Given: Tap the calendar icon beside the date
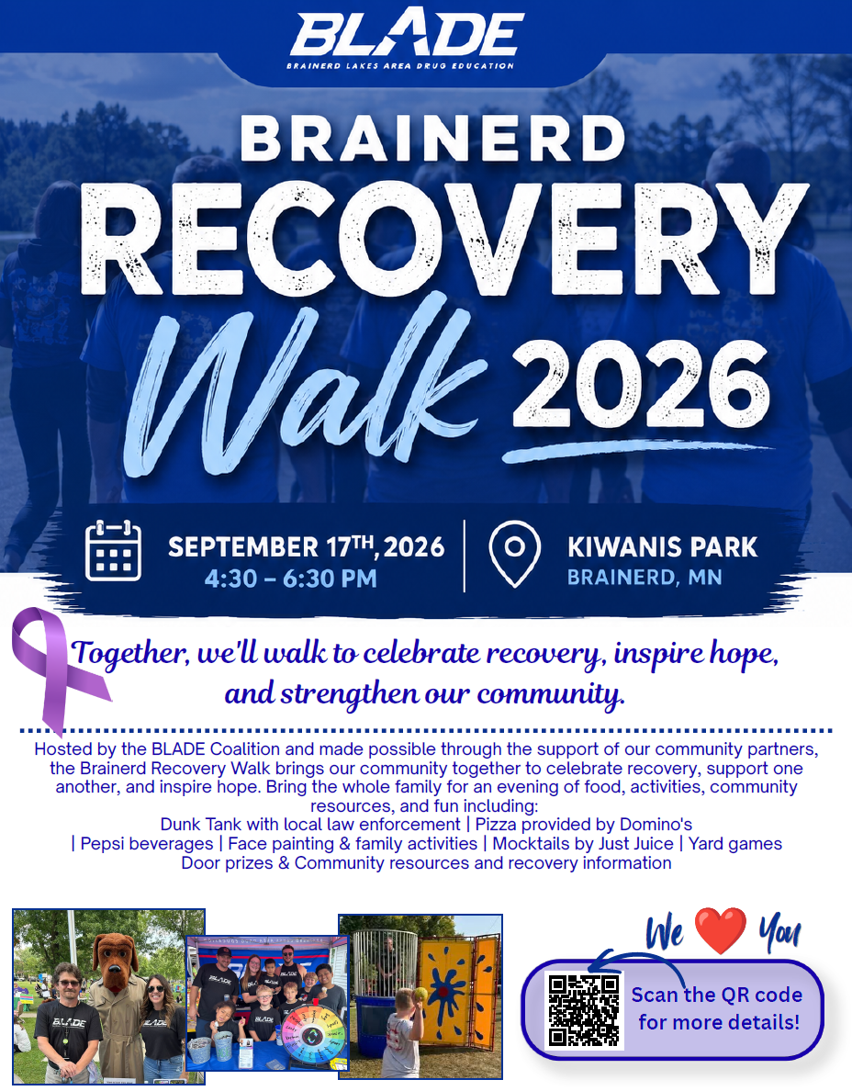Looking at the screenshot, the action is (x=113, y=550).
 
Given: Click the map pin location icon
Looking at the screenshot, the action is (x=515, y=554).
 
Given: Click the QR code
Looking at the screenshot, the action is (x=584, y=1010).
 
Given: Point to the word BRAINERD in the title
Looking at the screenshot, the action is (x=432, y=139).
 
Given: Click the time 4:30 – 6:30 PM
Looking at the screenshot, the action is (x=291, y=579).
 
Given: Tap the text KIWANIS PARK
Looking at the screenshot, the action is (x=662, y=547).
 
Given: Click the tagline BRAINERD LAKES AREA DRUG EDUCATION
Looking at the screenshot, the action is (x=400, y=66).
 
